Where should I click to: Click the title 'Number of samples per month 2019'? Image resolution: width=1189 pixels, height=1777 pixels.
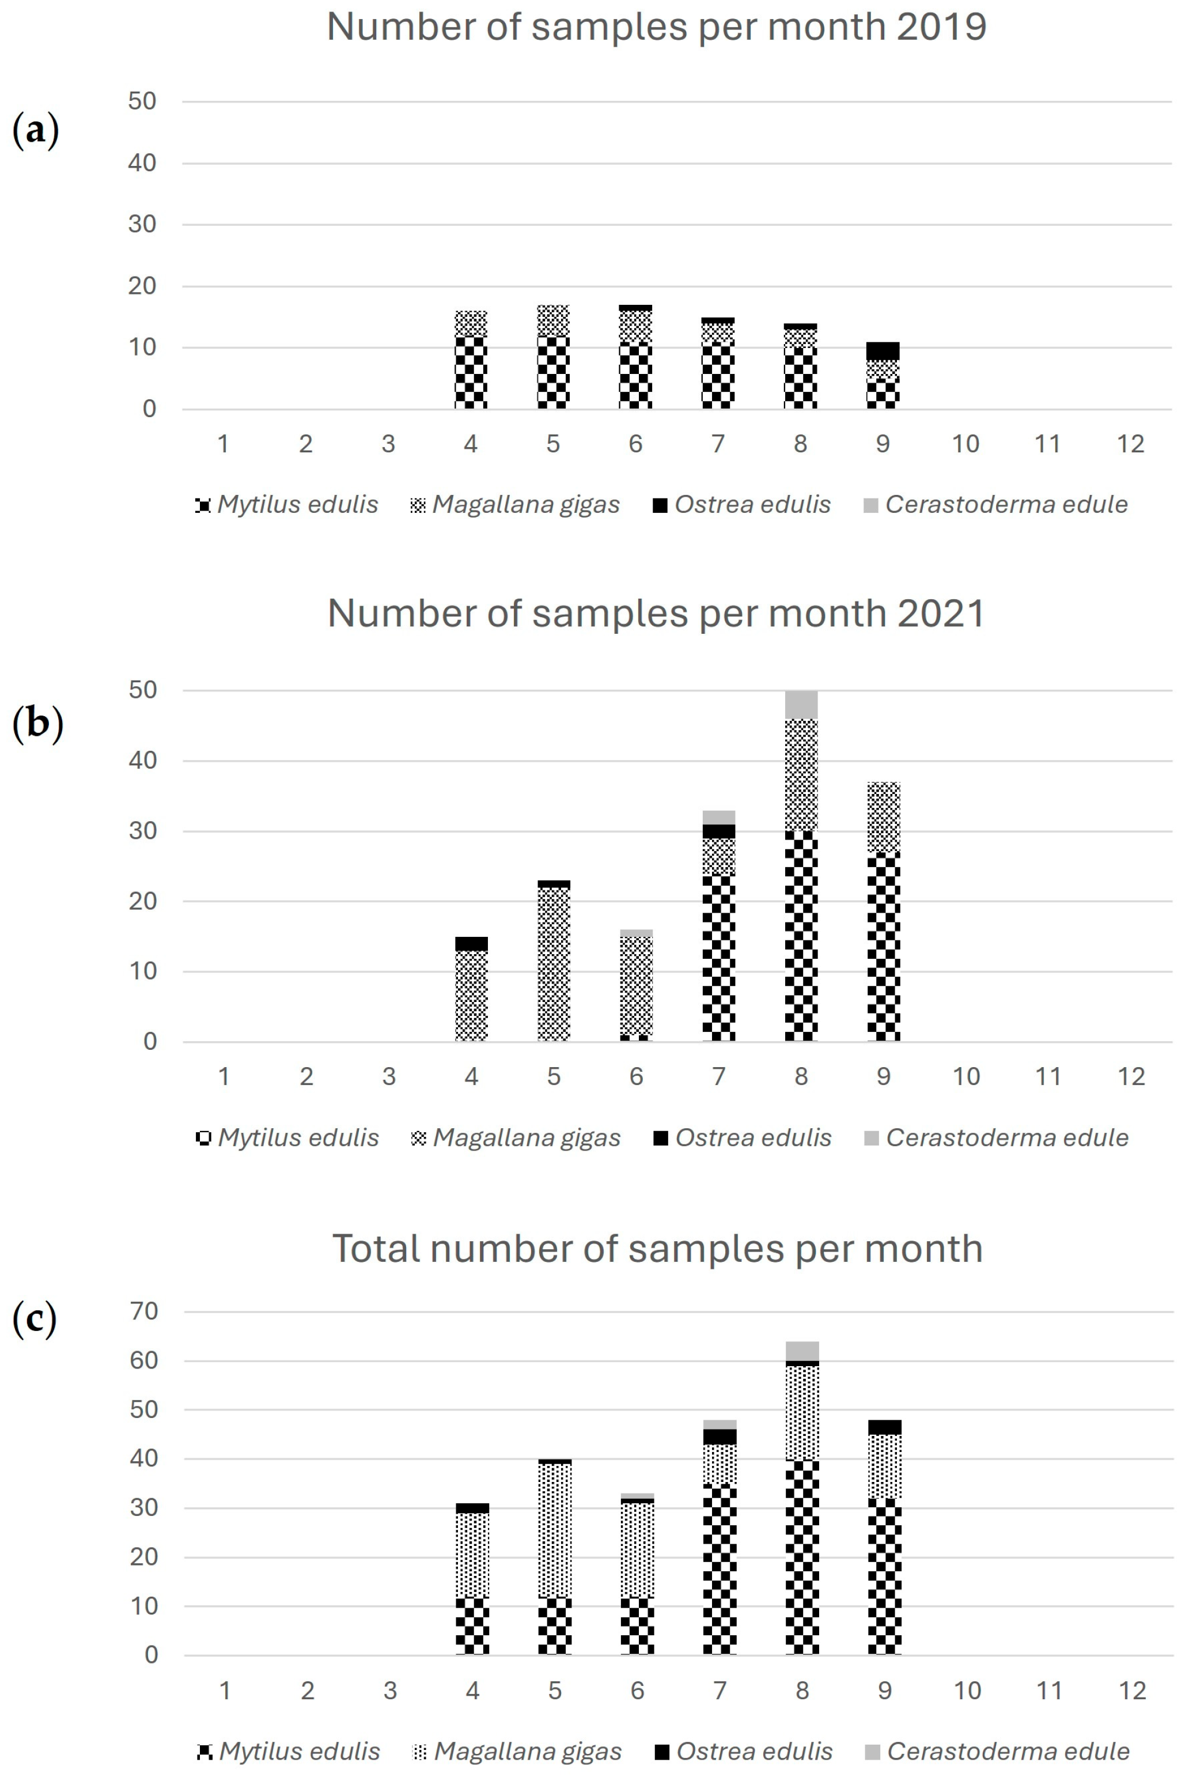click(657, 27)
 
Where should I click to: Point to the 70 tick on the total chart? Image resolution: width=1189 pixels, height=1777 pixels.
click(144, 1311)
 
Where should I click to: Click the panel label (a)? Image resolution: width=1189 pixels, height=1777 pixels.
click(36, 130)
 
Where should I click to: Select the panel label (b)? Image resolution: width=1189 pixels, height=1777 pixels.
click(37, 723)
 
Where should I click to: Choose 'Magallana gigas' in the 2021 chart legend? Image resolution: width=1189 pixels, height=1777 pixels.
click(527, 1137)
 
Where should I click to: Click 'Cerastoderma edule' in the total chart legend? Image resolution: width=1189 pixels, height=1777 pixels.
click(1008, 1751)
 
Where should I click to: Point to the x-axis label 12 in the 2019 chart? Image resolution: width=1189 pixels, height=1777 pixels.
click(1130, 444)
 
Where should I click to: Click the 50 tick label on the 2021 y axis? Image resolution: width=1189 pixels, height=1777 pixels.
click(142, 690)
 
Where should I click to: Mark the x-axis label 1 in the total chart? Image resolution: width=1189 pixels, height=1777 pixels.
click(225, 1691)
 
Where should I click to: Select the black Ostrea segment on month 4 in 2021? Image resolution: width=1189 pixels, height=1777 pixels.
click(471, 943)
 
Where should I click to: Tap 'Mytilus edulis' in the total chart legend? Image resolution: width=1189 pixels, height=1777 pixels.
click(299, 1751)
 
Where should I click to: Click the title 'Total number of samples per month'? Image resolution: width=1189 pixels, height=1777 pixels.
click(657, 1249)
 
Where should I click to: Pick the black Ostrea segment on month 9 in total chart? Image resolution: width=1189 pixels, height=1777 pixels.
click(885, 1427)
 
